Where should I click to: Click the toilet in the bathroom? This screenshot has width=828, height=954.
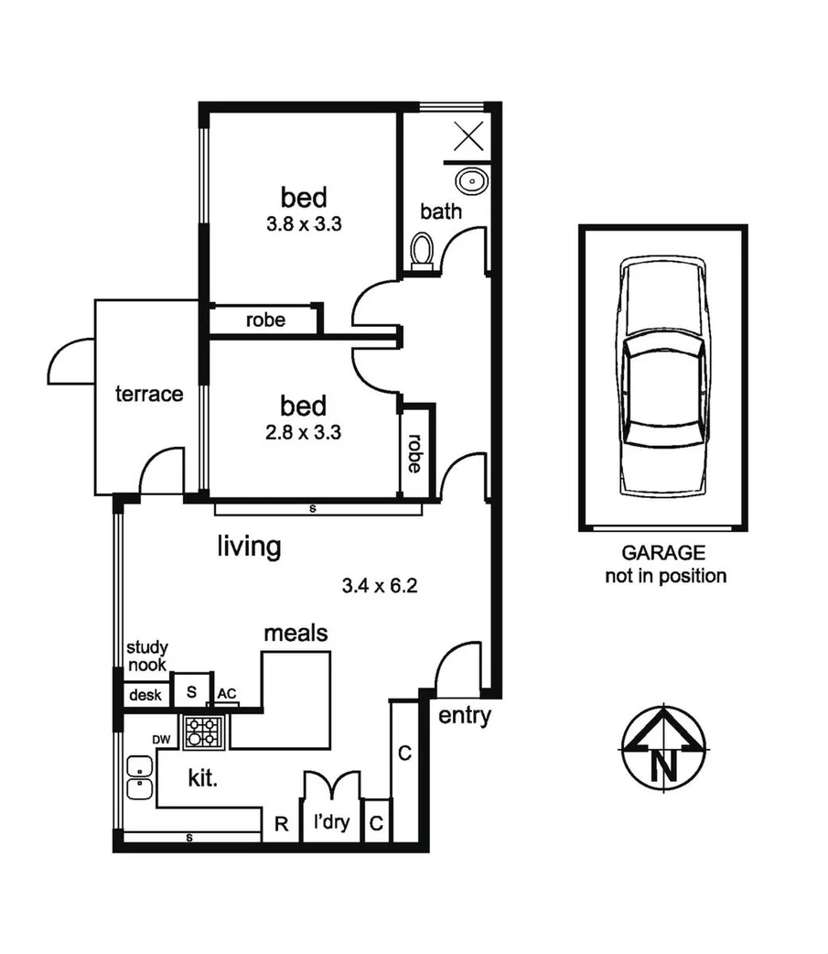(x=422, y=252)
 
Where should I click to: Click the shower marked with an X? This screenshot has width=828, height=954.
(x=468, y=137)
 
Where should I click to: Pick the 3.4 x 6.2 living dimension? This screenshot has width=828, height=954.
(x=380, y=585)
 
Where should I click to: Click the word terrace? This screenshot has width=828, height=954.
(x=149, y=395)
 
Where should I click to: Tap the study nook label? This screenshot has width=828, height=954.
(x=146, y=656)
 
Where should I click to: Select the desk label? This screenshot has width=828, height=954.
(x=145, y=695)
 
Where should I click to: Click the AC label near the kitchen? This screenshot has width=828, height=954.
(x=227, y=693)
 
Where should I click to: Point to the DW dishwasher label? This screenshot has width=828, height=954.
(x=161, y=738)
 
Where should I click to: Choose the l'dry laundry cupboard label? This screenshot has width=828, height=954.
(x=330, y=823)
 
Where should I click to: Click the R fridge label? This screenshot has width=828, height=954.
(x=282, y=824)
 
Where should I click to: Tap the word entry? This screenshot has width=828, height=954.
(x=465, y=716)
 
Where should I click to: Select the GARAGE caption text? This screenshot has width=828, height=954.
(x=663, y=553)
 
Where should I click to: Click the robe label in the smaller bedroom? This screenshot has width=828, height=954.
(x=414, y=453)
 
